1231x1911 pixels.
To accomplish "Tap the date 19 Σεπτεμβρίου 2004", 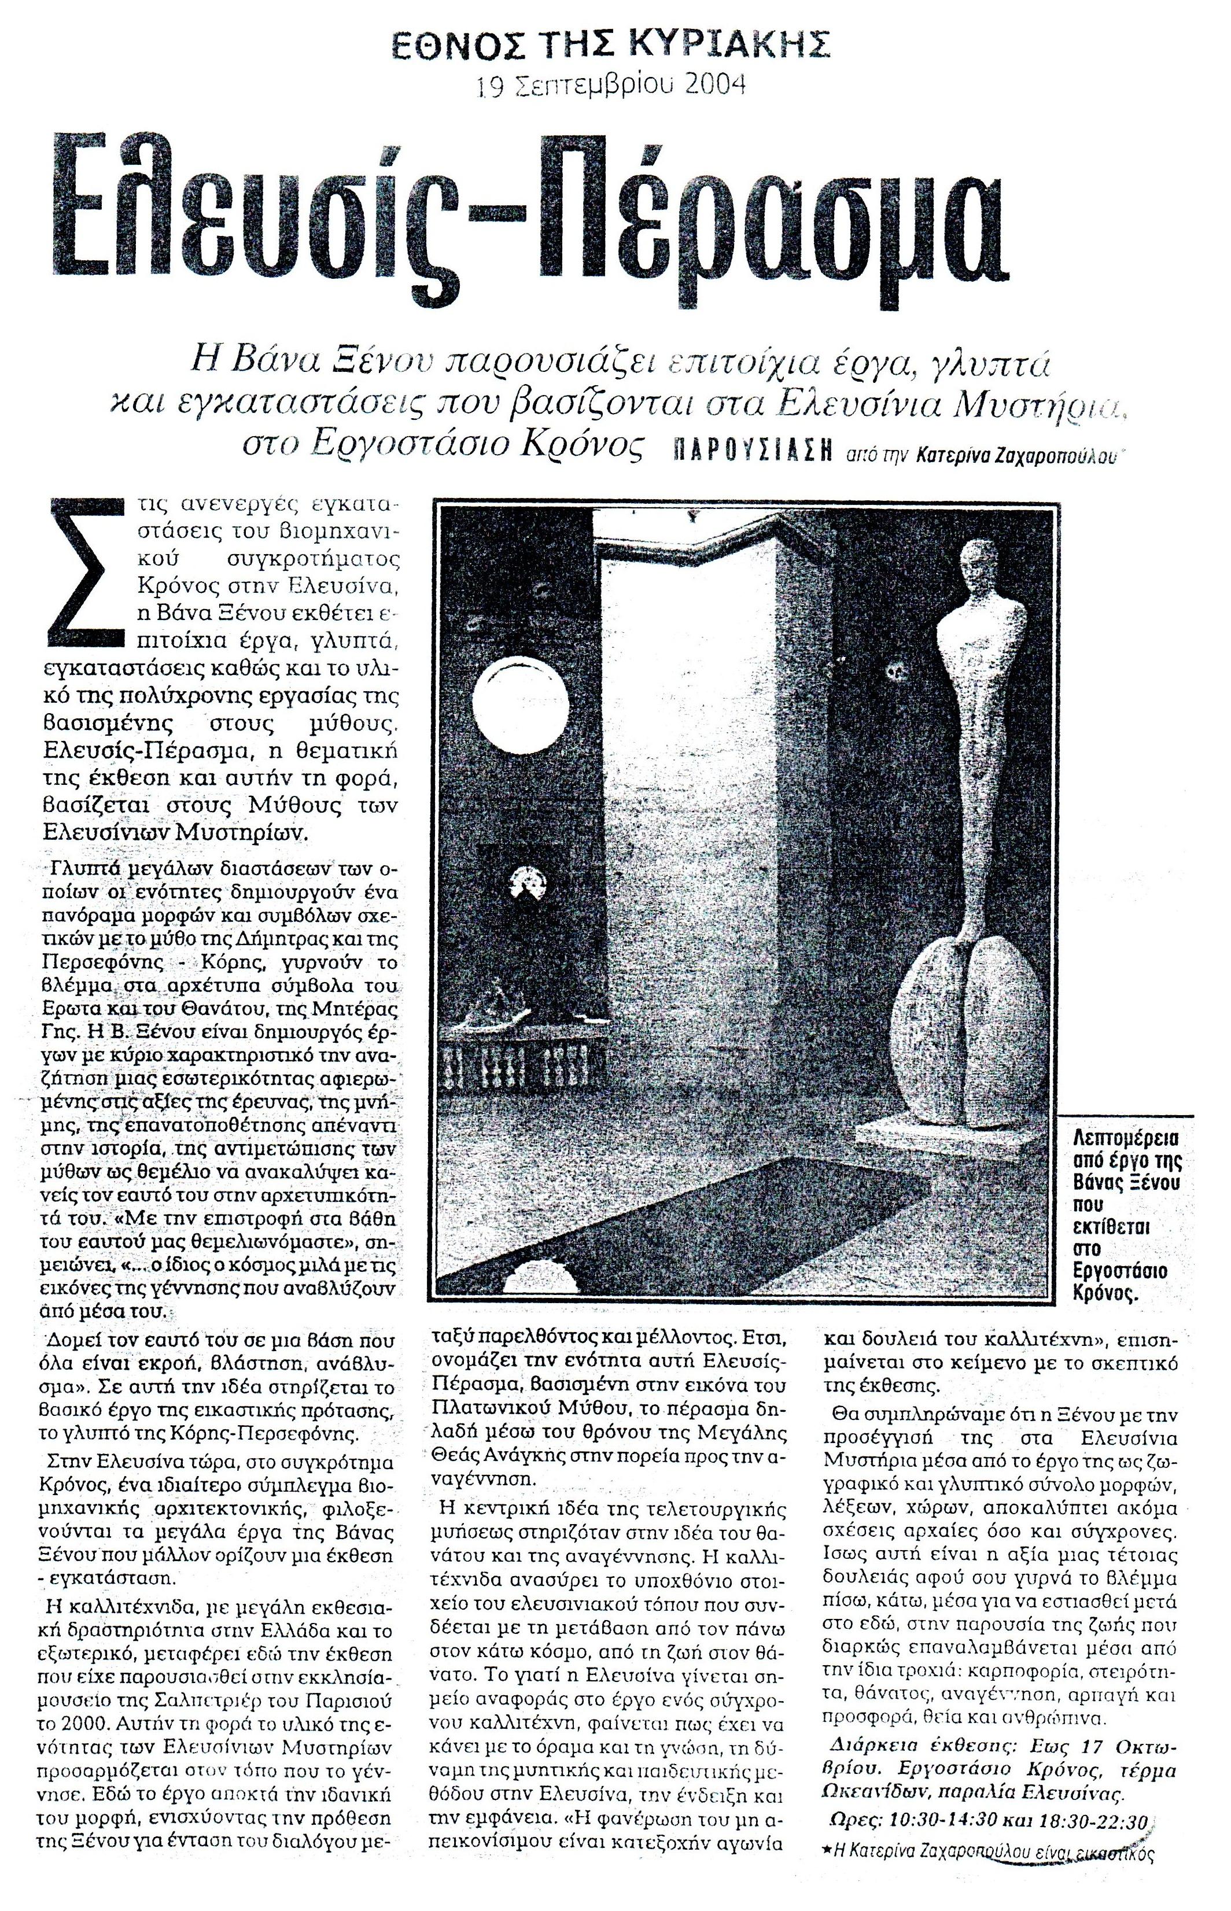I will click(x=611, y=84).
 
